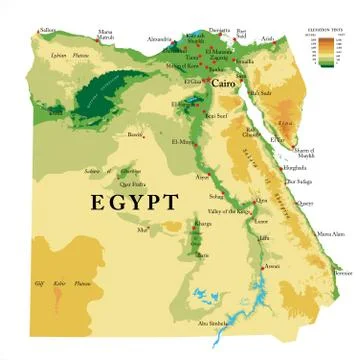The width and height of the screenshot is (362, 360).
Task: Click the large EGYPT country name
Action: click(x=135, y=202)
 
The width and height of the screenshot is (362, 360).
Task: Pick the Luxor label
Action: click(x=262, y=220)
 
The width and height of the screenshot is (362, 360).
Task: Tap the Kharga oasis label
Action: click(x=204, y=225)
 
